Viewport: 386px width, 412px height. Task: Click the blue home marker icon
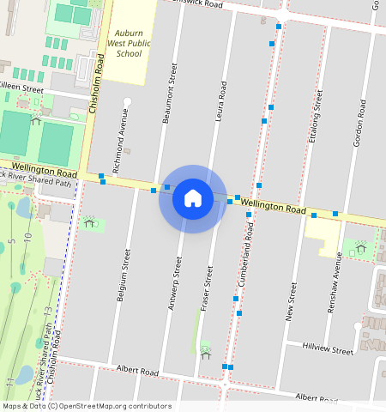pyautogui.click(x=193, y=198)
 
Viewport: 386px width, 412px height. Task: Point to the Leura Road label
pyautogui.click(x=221, y=101)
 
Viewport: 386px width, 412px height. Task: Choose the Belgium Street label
pyautogui.click(x=125, y=276)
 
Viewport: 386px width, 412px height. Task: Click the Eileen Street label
pyautogui.click(x=21, y=88)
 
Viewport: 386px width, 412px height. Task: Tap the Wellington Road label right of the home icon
pyautogui.click(x=273, y=207)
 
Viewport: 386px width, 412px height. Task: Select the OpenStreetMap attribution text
pyautogui.click(x=87, y=406)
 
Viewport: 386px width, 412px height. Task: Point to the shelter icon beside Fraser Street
pyautogui.click(x=205, y=351)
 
